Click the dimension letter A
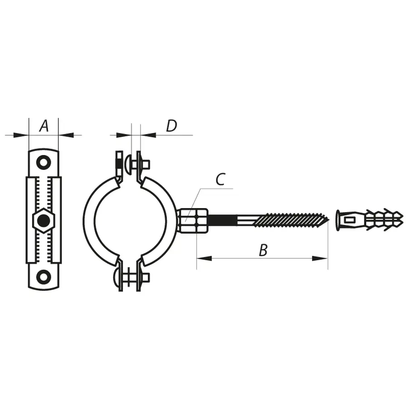[x=44, y=126]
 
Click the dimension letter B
[x=263, y=250]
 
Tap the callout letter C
[x=220, y=180]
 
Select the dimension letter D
[x=171, y=126]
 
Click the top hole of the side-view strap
[x=44, y=162]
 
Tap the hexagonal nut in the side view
[x=44, y=221]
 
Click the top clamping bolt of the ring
[x=134, y=163]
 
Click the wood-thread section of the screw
[x=290, y=220]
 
